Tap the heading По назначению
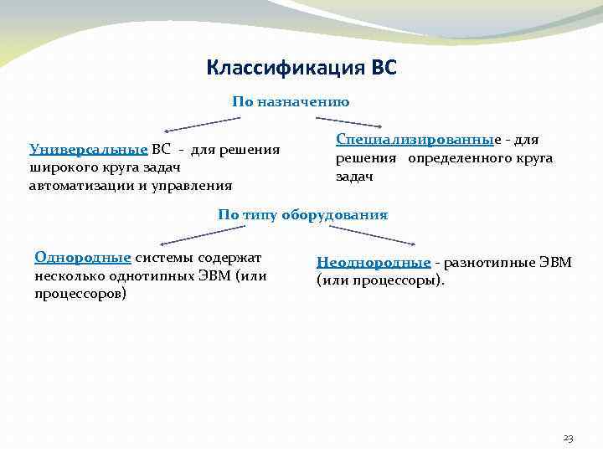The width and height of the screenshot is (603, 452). (x=291, y=102)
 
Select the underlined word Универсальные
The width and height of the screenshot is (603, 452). (x=88, y=150)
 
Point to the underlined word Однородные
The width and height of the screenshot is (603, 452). (x=83, y=257)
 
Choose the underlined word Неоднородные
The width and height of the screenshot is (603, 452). (x=374, y=263)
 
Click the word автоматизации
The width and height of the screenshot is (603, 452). (x=75, y=185)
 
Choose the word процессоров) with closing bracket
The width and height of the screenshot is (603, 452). (x=80, y=294)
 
